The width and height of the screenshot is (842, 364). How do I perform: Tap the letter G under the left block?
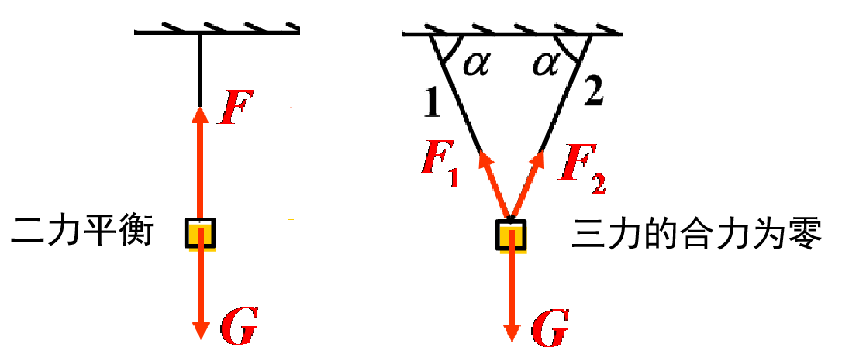238,328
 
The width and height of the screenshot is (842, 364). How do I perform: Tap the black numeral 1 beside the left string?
432,102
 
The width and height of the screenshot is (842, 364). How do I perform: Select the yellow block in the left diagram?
200,234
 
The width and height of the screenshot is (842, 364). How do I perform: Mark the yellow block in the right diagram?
511,235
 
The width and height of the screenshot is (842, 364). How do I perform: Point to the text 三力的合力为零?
695,234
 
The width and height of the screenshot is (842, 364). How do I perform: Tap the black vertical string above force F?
200,70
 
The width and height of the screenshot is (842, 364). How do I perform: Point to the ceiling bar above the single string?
217,33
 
